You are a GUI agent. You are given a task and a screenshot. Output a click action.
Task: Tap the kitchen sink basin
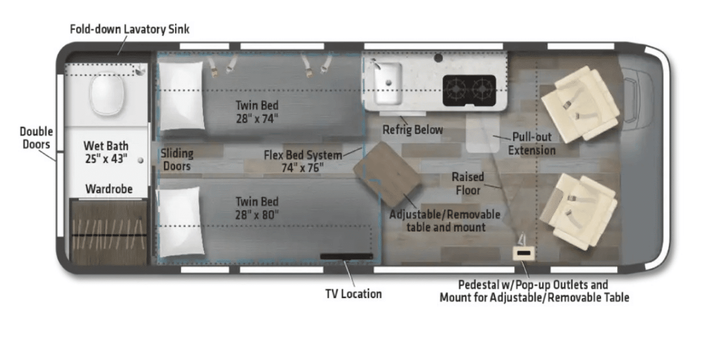(387, 82)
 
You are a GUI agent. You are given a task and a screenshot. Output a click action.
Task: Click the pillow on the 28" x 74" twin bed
(181, 95)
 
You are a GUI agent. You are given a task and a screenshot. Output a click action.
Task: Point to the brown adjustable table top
(386, 173)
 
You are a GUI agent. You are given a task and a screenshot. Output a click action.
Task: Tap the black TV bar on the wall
(346, 256)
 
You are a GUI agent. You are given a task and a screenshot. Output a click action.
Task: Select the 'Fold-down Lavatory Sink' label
(130, 30)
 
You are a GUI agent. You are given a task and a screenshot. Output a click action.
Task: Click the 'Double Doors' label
(36, 138)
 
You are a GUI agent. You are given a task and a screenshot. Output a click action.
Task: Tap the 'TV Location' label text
(353, 294)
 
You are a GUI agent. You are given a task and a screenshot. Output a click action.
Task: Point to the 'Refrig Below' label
(413, 130)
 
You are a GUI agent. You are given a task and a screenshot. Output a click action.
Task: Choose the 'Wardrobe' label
(109, 189)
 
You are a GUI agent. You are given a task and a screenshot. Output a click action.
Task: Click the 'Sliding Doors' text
(177, 160)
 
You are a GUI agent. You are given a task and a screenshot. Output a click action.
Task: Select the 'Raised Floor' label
(468, 183)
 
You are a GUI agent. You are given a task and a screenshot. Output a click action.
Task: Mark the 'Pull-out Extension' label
(531, 144)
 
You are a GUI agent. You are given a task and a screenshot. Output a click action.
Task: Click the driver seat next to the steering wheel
(579, 103)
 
